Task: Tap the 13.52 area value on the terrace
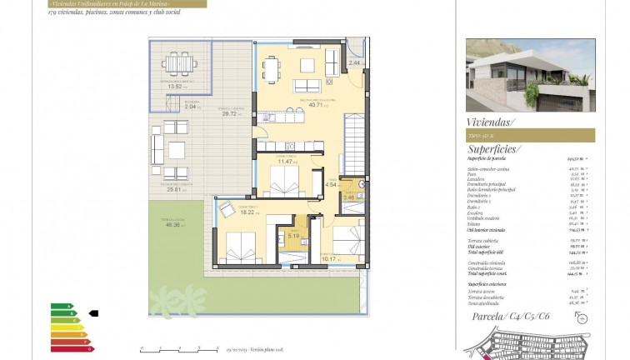tap(174, 87)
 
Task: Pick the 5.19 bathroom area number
tap(292, 236)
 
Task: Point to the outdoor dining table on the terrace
tap(176, 63)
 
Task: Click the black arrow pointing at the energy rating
tap(93, 313)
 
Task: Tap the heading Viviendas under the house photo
tap(491, 122)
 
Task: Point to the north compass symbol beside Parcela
tap(581, 318)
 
